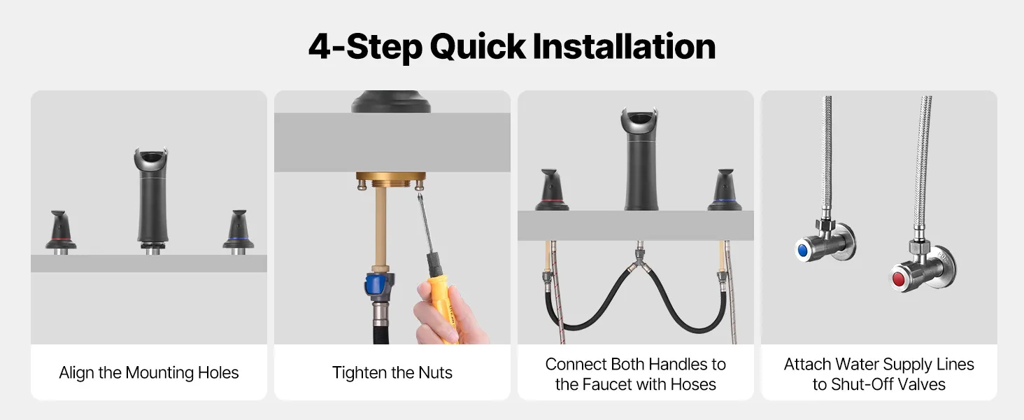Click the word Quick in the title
pyautogui.click(x=477, y=47)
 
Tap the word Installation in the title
pyautogui.click(x=624, y=46)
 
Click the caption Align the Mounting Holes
pyautogui.click(x=148, y=372)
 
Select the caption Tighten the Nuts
pyautogui.click(x=392, y=372)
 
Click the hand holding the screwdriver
pyautogui.click(x=448, y=316)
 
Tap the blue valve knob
pyautogui.click(x=802, y=251)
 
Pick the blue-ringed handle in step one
pyautogui.click(x=239, y=232)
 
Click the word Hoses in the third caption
pyautogui.click(x=693, y=384)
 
